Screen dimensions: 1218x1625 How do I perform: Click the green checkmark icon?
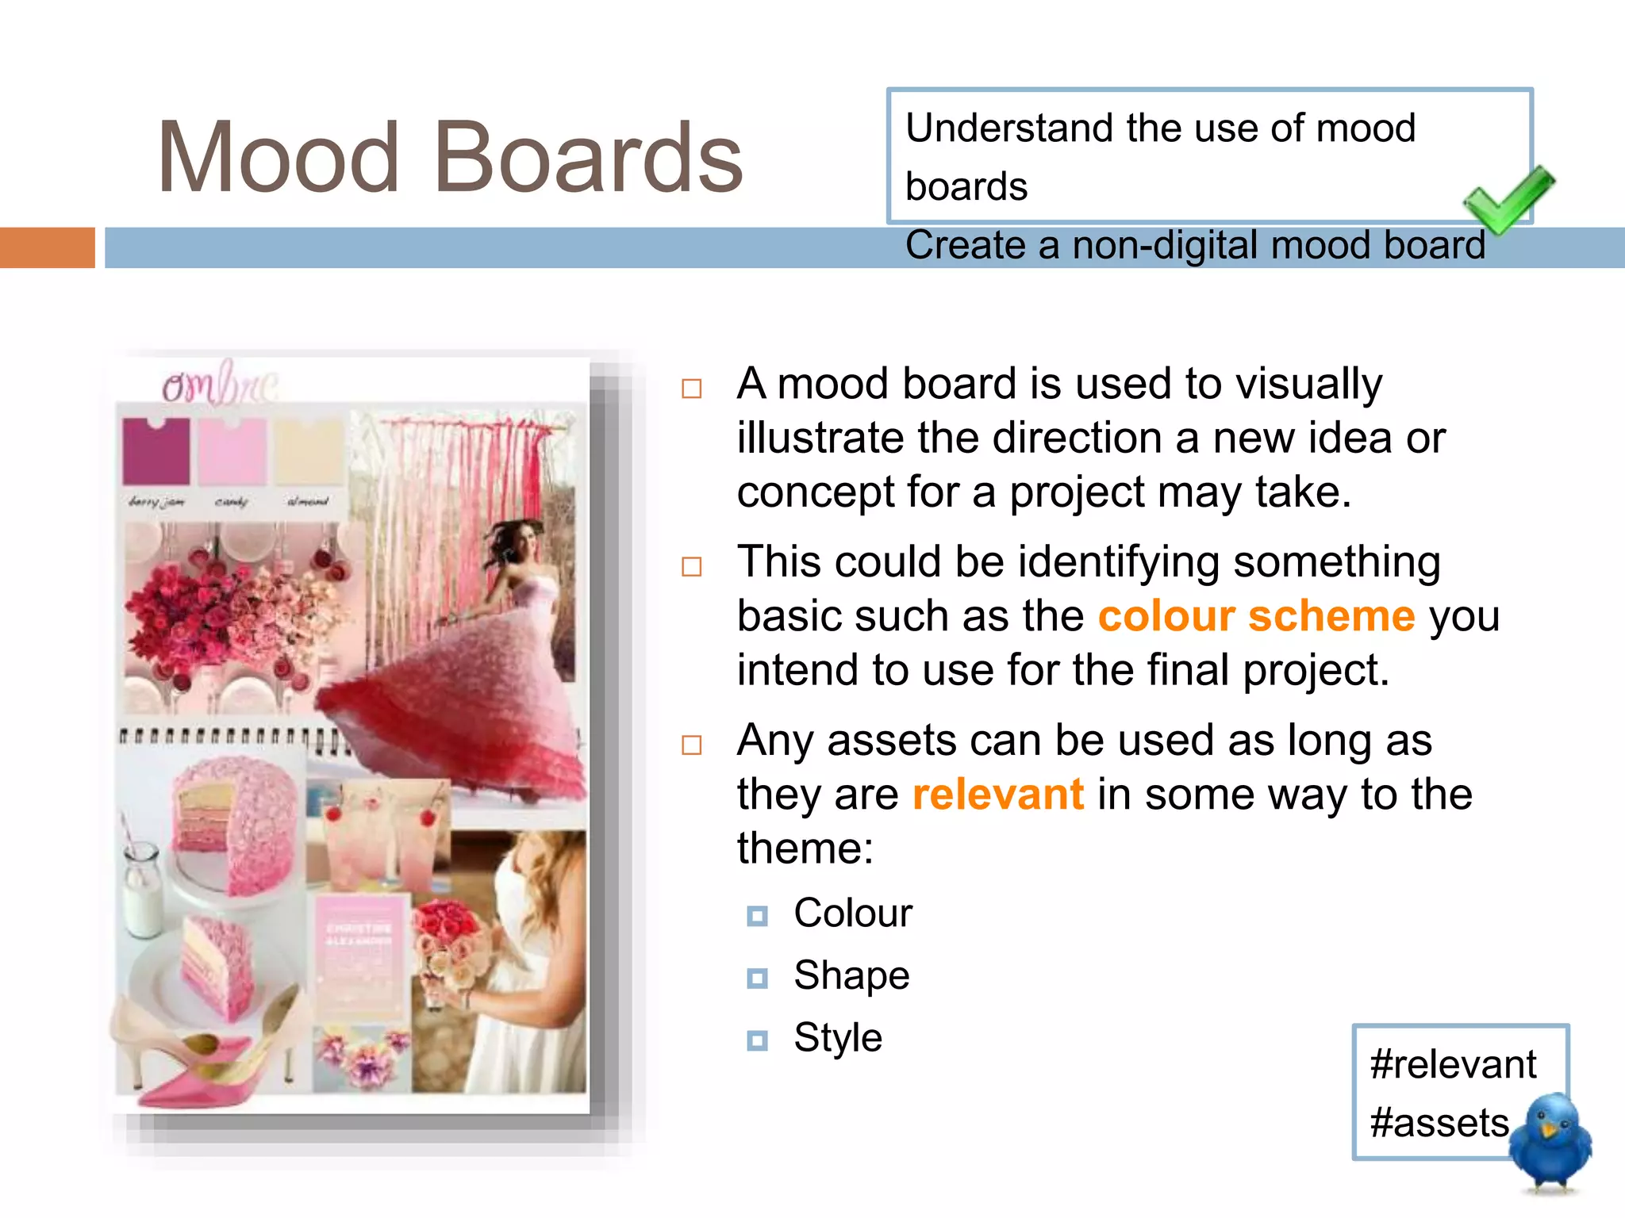(1508, 200)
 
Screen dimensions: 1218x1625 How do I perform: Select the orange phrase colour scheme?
(1256, 616)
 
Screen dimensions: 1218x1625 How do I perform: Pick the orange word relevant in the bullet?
(997, 795)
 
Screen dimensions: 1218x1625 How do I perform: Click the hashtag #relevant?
(1453, 1064)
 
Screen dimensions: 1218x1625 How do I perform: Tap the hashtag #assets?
(1439, 1123)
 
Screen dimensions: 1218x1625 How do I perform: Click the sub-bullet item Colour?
(853, 913)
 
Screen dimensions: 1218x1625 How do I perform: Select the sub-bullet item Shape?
(851, 975)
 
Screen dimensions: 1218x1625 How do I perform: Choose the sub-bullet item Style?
(838, 1038)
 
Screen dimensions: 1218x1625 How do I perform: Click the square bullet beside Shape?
(758, 979)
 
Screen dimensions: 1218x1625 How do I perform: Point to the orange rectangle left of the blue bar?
(47, 247)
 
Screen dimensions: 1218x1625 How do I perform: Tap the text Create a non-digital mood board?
(1195, 245)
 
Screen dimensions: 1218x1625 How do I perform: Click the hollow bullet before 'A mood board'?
(692, 389)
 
